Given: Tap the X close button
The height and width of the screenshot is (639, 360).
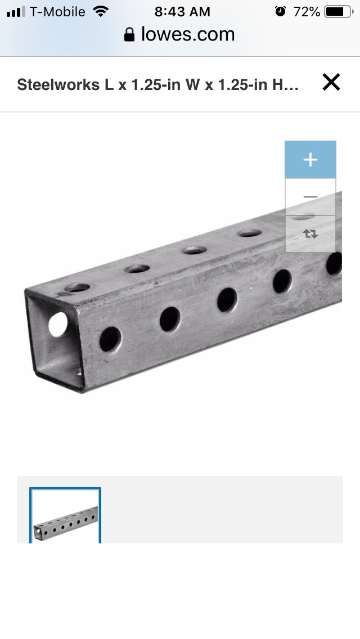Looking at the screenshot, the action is (x=331, y=82).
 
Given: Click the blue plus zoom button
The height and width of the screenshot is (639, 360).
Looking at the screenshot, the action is (x=310, y=159).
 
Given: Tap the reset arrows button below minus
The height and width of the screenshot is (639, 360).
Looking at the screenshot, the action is (x=310, y=234).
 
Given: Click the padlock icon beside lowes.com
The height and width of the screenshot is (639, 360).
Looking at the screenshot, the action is (x=129, y=35).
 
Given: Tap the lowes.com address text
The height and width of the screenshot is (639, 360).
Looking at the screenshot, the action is (x=188, y=34).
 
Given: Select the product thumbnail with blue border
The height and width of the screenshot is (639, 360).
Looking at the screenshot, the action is (x=65, y=515).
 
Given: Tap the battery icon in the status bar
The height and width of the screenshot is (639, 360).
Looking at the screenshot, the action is (x=339, y=12).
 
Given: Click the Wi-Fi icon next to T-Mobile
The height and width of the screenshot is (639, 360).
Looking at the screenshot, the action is (x=100, y=11).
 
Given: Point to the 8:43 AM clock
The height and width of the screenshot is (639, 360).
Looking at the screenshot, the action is (x=182, y=12).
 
